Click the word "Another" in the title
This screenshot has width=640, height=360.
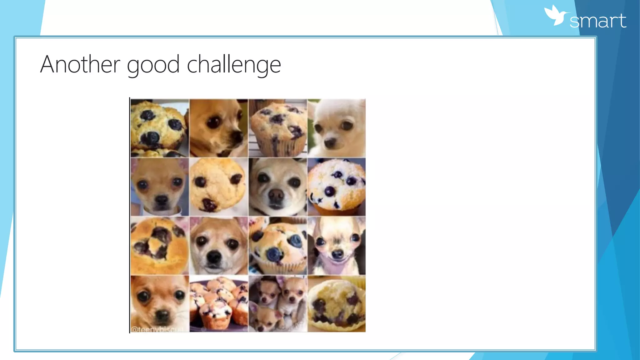pyautogui.click(x=80, y=64)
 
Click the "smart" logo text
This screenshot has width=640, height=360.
pyautogui.click(x=597, y=21)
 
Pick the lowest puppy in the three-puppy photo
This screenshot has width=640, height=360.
pyautogui.click(x=263, y=319)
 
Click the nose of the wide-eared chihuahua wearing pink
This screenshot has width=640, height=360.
pyautogui.click(x=337, y=254)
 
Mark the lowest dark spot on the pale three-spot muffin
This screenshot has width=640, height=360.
pyautogui.click(x=209, y=205)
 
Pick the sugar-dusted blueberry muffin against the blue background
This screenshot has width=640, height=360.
pyautogui.click(x=336, y=187)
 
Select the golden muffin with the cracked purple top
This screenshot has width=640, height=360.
pyautogui.click(x=159, y=246)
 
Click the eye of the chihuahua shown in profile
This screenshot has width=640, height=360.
pyautogui.click(x=214, y=122)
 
